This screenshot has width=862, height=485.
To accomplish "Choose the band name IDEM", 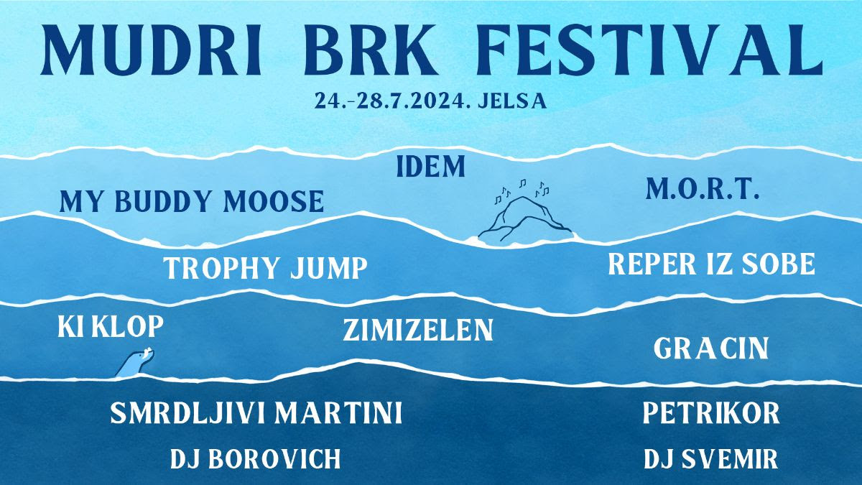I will tap(431, 167).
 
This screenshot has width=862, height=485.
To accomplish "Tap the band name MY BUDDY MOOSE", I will tap(191, 202).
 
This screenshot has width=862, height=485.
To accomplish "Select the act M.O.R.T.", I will tap(703, 190).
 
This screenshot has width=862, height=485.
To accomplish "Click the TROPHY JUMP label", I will tap(265, 269).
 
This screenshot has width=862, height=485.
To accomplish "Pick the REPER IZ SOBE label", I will tap(711, 264).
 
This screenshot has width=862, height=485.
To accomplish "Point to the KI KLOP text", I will tap(111, 327).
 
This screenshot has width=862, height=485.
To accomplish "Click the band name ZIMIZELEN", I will tap(417, 331).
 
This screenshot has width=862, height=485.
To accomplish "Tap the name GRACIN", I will tap(711, 350).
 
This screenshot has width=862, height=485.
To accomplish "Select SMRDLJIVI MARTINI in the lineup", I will tap(256, 414).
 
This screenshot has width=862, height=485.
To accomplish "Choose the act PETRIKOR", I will tap(711, 414).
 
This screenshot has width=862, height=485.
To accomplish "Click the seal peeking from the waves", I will tap(135, 364).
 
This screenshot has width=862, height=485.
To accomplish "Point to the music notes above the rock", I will tap(522, 188).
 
